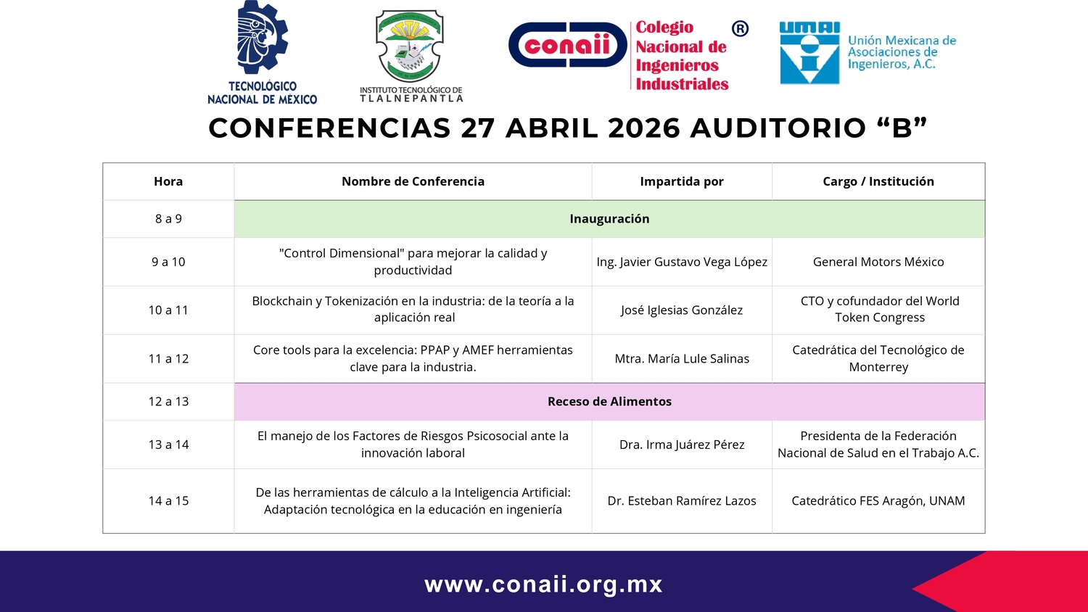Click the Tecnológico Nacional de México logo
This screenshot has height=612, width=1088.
(x=263, y=52)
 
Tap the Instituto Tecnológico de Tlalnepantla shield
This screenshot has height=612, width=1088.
(x=410, y=46)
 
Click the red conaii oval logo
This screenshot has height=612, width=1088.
(x=568, y=45)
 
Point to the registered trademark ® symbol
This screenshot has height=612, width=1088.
(x=740, y=29)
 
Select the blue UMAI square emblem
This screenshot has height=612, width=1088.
(x=809, y=53)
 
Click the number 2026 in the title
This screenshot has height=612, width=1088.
(x=643, y=128)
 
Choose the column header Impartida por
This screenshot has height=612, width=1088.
(x=682, y=181)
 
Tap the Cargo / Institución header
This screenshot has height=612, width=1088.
(x=878, y=181)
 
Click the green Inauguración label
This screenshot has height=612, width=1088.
(x=609, y=218)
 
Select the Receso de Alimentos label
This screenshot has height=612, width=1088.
(x=609, y=401)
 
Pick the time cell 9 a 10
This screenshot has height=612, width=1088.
(x=168, y=262)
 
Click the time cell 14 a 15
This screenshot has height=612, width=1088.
(x=168, y=501)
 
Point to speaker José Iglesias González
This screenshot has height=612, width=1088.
(x=682, y=310)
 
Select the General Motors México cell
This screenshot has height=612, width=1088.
(x=878, y=262)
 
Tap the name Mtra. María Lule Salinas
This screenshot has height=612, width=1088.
(x=682, y=358)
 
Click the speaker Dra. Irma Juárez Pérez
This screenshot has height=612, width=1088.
(x=682, y=444)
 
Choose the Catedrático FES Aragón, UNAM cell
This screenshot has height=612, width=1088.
(x=878, y=501)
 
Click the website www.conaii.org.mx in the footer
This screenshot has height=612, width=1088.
(x=543, y=584)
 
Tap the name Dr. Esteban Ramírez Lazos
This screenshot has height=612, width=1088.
(x=682, y=501)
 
